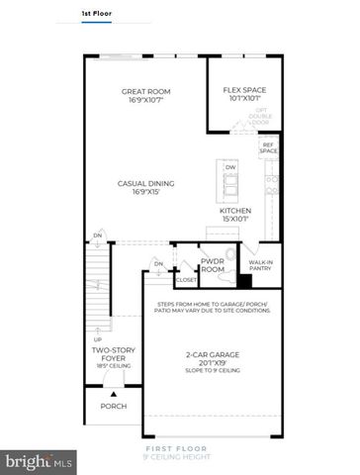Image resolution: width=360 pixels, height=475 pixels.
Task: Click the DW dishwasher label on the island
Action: [230, 168]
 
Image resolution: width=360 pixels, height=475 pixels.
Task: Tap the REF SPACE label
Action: [268, 148]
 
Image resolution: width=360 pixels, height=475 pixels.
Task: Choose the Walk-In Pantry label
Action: [260, 265]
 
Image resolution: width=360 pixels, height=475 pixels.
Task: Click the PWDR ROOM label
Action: [214, 264]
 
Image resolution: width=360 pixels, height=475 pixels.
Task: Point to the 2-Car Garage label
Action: [216, 358]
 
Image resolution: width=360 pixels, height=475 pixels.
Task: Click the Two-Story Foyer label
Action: [112, 356]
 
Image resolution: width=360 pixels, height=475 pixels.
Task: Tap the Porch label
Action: [113, 406]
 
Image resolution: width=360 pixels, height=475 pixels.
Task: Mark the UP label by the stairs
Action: [97, 339]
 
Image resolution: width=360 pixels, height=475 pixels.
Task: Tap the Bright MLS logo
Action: [40, 461]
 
